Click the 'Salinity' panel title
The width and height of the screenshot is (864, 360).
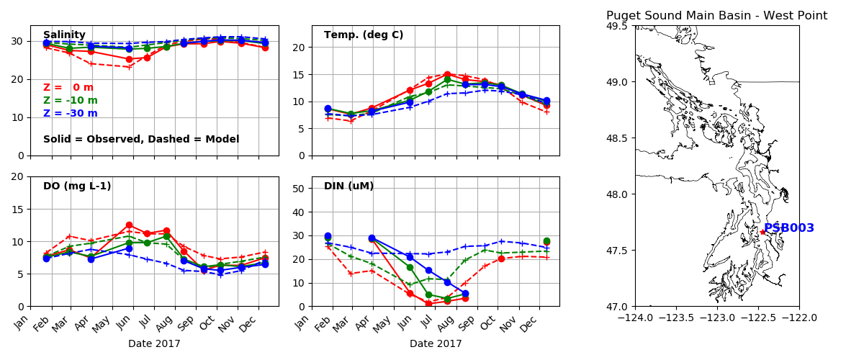pos(64,35)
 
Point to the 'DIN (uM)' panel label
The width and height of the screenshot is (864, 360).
pos(348,186)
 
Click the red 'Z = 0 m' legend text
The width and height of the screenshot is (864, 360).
pos(68,88)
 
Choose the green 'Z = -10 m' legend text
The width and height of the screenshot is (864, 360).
pos(71,101)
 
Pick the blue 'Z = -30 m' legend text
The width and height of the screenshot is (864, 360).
pos(71,114)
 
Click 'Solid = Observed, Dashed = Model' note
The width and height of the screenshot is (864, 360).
pos(141,140)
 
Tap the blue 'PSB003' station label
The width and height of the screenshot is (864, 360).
pos(789,228)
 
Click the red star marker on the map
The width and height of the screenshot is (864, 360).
pos(762,232)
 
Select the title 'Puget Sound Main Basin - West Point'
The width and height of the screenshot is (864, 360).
pos(716,16)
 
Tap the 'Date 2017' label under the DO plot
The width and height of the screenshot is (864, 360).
pos(154,344)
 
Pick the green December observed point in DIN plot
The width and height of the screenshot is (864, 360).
pos(546,241)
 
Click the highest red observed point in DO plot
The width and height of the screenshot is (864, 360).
pos(129,225)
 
